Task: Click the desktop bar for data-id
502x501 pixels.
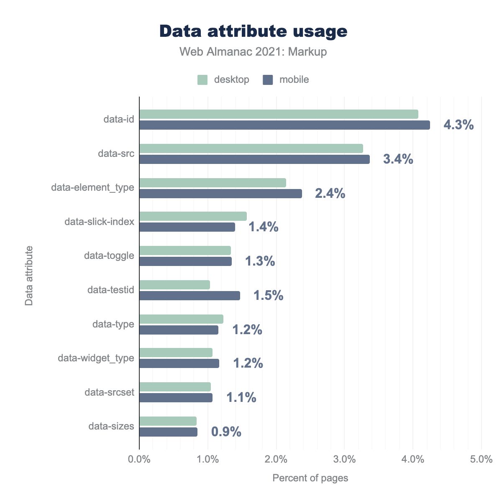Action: click(279, 114)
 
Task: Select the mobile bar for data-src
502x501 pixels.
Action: click(254, 159)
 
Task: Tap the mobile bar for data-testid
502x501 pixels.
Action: click(190, 296)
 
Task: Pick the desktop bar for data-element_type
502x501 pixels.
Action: click(213, 183)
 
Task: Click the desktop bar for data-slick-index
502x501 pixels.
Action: click(193, 216)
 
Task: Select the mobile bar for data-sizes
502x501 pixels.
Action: click(168, 432)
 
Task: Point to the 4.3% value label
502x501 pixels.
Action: click(458, 125)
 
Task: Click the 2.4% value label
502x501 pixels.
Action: click(330, 193)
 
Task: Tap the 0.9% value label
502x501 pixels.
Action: click(226, 432)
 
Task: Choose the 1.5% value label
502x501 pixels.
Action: click(268, 296)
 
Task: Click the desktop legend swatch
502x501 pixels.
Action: click(202, 80)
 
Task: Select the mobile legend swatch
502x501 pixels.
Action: click(268, 80)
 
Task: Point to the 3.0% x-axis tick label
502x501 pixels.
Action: click(344, 459)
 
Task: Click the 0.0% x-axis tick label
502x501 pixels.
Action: click(139, 459)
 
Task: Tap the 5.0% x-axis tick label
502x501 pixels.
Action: click(481, 459)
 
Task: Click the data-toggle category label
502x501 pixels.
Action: click(109, 256)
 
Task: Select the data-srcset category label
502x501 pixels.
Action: click(109, 392)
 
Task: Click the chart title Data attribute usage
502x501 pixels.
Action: click(253, 31)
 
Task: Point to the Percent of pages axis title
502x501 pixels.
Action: click(310, 478)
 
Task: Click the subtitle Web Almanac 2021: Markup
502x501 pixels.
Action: click(253, 52)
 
